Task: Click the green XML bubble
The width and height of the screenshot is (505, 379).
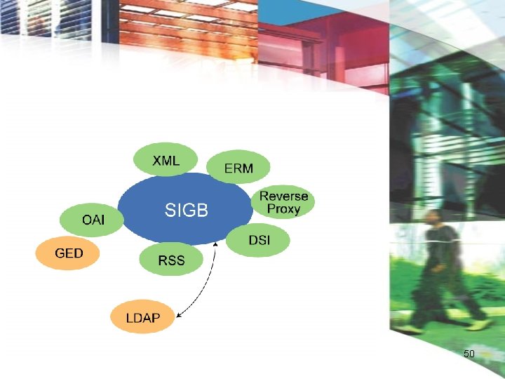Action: click(x=166, y=161)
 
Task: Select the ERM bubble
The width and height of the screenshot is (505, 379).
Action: click(x=238, y=168)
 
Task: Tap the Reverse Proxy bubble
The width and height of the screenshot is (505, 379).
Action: click(x=283, y=202)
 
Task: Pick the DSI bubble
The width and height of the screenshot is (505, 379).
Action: click(x=259, y=240)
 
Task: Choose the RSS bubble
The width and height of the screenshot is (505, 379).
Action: click(x=171, y=260)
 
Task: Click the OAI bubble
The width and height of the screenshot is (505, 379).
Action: click(x=93, y=220)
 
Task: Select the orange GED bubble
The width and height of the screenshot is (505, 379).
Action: click(x=68, y=253)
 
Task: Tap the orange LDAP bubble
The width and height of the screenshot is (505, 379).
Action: click(x=142, y=318)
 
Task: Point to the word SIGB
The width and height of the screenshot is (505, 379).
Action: click(x=187, y=209)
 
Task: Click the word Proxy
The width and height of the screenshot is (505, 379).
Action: click(x=283, y=209)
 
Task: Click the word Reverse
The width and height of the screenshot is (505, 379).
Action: click(x=283, y=196)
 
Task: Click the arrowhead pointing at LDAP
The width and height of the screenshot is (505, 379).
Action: click(x=179, y=317)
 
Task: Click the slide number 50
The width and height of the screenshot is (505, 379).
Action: click(x=469, y=354)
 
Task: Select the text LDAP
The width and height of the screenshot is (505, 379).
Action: click(x=142, y=318)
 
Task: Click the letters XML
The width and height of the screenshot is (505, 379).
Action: click(x=166, y=161)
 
